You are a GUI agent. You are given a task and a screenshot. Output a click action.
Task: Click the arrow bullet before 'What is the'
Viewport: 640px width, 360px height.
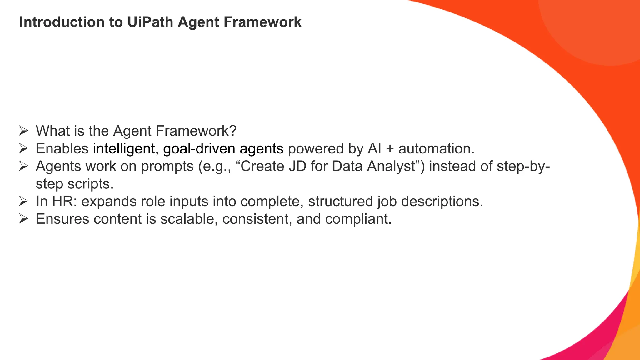[23, 131]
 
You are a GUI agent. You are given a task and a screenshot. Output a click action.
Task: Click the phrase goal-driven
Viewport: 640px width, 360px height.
[199, 149]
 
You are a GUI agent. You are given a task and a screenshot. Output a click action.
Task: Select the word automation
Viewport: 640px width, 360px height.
[436, 149]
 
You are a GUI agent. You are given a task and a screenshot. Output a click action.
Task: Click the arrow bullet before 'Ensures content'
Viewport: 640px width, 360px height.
[23, 219]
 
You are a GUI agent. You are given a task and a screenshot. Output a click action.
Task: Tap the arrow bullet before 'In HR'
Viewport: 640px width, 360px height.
[23, 202]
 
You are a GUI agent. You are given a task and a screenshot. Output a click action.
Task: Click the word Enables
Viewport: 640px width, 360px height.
[62, 149]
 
